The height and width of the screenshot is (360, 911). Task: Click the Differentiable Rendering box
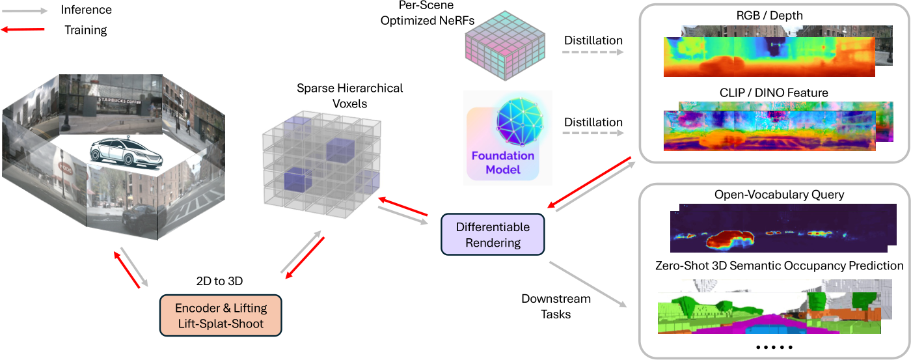[493, 234]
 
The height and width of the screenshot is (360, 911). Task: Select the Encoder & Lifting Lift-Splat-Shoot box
[221, 316]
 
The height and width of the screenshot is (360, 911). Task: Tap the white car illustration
[126, 154]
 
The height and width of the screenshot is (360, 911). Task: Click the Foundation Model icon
[508, 138]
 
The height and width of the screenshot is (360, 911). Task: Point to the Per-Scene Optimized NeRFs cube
[505, 45]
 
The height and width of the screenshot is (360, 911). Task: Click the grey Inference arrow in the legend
[25, 11]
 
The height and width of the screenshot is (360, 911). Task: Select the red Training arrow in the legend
[23, 29]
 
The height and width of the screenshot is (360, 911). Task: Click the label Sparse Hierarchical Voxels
[350, 96]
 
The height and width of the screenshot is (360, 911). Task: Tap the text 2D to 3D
[220, 281]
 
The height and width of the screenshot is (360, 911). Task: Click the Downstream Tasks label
[556, 307]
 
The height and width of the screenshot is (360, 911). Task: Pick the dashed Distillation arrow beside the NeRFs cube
[593, 52]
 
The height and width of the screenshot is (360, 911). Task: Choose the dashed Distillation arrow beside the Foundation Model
[593, 133]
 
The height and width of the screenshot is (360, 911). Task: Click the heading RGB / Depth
[769, 16]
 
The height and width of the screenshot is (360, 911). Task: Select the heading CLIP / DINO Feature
[774, 92]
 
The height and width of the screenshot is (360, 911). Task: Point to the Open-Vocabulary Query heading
[780, 195]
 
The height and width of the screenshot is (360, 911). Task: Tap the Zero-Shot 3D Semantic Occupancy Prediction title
[780, 266]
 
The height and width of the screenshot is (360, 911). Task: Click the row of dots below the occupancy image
[774, 348]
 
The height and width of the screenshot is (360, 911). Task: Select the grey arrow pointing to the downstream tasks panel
[588, 284]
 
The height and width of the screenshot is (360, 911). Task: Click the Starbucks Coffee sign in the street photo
[119, 100]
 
